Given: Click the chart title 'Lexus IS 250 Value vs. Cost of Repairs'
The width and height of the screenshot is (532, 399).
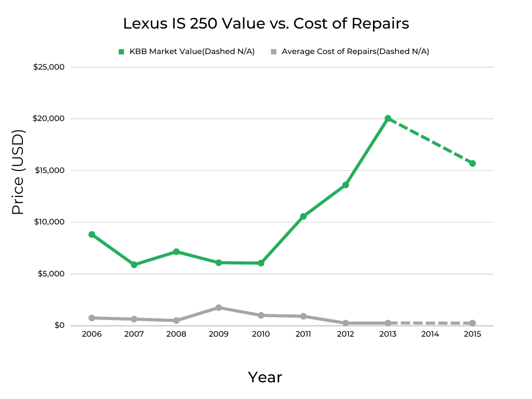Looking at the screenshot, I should [x=265, y=24].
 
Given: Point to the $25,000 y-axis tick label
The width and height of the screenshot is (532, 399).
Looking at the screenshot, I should [x=49, y=67].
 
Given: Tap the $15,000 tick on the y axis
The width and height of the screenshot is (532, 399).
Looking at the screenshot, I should [x=49, y=170].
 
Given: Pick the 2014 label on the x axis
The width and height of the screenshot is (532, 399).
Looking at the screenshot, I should [x=430, y=334].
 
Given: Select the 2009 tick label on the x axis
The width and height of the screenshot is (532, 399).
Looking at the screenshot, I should [x=219, y=334].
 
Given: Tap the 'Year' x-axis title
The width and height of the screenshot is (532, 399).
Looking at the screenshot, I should [x=265, y=377].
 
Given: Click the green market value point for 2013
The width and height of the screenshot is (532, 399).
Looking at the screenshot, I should [x=388, y=118].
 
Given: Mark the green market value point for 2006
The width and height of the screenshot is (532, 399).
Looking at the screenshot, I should [x=91, y=234].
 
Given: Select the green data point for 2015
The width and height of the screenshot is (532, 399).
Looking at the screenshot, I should [x=473, y=163].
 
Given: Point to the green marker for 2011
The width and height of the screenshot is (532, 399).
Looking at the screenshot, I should [x=303, y=216].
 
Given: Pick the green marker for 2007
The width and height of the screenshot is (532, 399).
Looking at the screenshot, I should [x=134, y=264].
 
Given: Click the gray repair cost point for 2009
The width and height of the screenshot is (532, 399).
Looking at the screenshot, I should [x=219, y=308].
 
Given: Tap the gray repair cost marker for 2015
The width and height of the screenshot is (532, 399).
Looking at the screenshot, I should [x=473, y=323].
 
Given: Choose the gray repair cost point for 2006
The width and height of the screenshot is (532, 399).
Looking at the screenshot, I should [x=91, y=318].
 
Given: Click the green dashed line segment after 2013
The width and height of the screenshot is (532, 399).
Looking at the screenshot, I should [x=430, y=141].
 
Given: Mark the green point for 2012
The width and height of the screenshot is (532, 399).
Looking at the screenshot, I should [x=345, y=185].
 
